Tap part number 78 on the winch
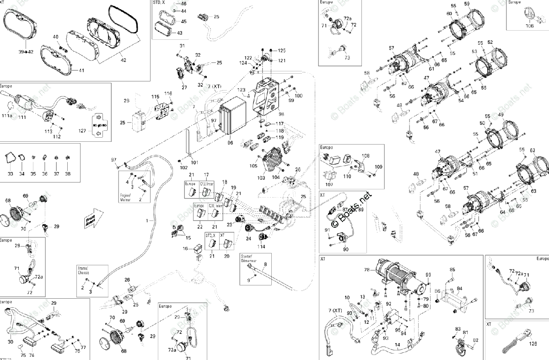[x=366, y=270]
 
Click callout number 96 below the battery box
[x=230, y=143]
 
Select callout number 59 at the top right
[x=467, y=4]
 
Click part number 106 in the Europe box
[x=529, y=26]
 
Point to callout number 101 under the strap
[x=194, y=162]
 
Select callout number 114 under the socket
[x=261, y=247]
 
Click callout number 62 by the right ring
[x=533, y=150]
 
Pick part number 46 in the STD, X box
[x=183, y=4]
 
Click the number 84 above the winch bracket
[x=459, y=288]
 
